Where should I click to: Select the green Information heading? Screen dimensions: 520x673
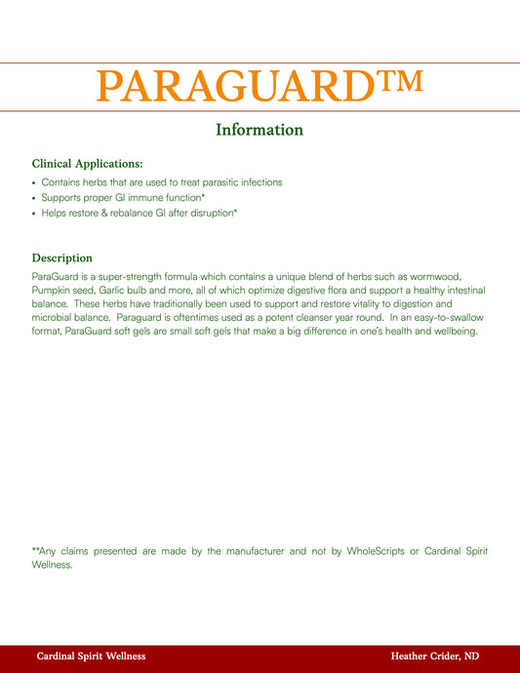pyautogui.click(x=260, y=130)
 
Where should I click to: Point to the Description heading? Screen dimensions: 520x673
pyautogui.click(x=62, y=258)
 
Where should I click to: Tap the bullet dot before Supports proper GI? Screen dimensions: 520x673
pyautogui.click(x=34, y=198)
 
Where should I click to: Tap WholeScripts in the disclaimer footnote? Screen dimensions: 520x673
pyautogui.click(x=376, y=551)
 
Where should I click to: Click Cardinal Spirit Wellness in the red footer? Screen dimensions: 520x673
pyautogui.click(x=91, y=656)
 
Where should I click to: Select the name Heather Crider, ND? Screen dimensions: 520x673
pyautogui.click(x=434, y=656)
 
